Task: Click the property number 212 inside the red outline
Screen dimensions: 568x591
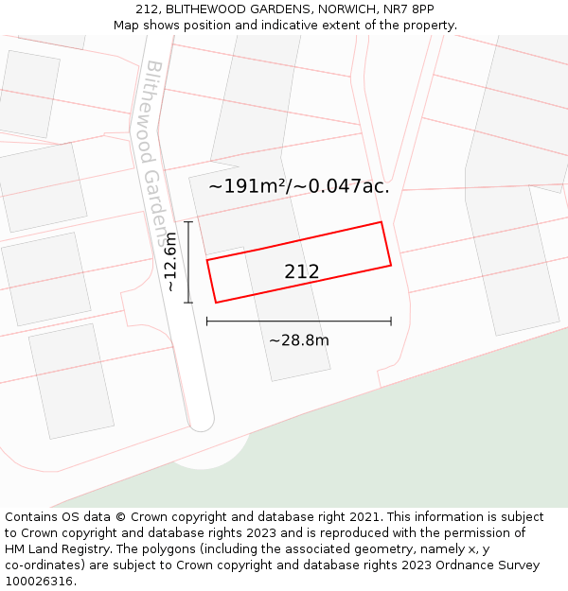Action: [302, 272]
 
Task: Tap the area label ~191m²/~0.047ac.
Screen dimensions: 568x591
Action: [299, 186]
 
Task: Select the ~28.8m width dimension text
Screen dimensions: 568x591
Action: [299, 340]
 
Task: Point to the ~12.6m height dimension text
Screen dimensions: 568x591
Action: [170, 262]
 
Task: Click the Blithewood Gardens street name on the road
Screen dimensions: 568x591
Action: [157, 151]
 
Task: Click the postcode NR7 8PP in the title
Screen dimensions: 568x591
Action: [411, 9]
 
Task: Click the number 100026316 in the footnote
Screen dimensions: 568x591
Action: [39, 581]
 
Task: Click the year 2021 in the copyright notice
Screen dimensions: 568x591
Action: [364, 516]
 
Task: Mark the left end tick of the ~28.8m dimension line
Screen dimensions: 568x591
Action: [207, 322]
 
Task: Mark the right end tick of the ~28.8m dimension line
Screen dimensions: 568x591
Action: [391, 322]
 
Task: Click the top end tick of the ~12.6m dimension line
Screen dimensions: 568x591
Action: [188, 222]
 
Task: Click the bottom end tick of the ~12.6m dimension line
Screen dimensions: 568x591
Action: [188, 303]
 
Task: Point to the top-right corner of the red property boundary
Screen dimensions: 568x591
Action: [381, 222]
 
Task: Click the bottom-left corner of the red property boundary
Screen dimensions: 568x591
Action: [216, 303]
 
